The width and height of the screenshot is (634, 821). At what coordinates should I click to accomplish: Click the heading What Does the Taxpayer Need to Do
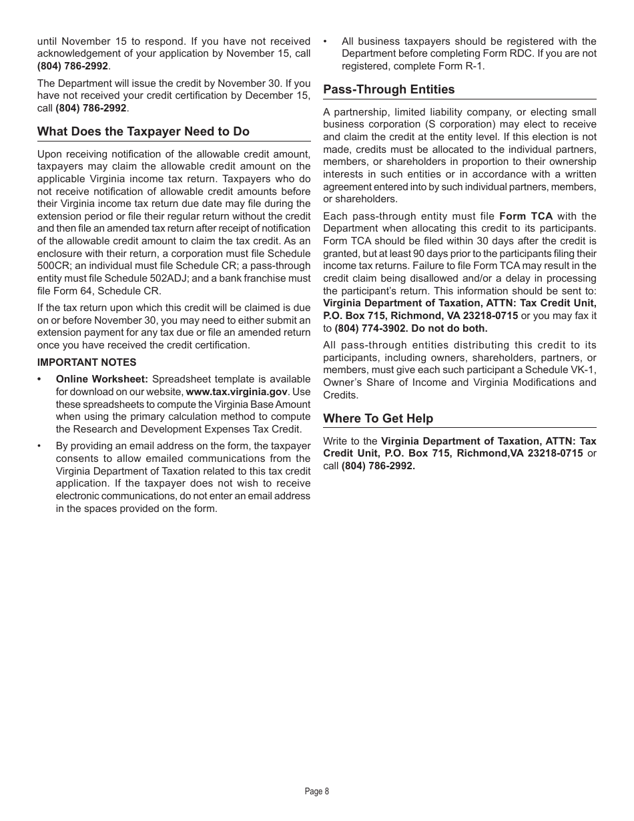pyautogui.click(x=143, y=131)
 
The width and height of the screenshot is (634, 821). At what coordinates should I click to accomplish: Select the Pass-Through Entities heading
pyautogui.click(x=388, y=89)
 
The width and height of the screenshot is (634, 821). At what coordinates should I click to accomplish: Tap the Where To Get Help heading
pyautogui.click(x=378, y=419)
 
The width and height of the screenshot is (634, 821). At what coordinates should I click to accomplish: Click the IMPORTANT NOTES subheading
pyautogui.click(x=87, y=362)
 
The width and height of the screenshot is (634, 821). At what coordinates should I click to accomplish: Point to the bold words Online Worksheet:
pyautogui.click(x=101, y=379)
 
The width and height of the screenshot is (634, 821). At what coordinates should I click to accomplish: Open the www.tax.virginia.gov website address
pyautogui.click(x=236, y=392)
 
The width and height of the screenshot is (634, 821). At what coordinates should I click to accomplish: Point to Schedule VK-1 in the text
pyautogui.click(x=569, y=370)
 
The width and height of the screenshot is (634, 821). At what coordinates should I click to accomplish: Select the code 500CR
pyautogui.click(x=54, y=266)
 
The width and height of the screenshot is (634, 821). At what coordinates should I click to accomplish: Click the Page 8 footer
pyautogui.click(x=316, y=792)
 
